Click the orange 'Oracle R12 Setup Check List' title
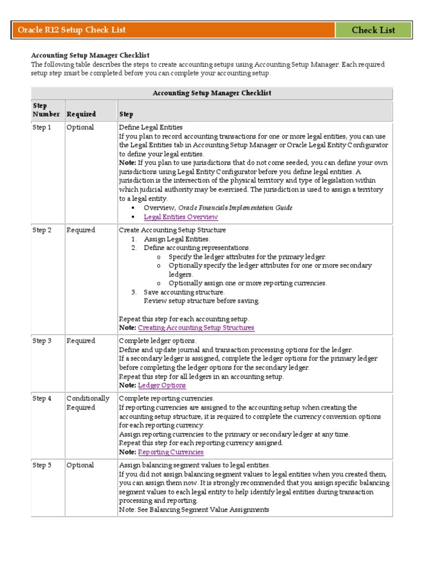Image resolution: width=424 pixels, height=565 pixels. pyautogui.click(x=72, y=30)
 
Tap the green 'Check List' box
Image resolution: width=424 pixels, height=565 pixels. pyautogui.click(x=373, y=30)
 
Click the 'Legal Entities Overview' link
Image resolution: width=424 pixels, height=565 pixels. pyautogui.click(x=181, y=217)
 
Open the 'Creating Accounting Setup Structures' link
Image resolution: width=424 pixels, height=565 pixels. pyautogui.click(x=196, y=328)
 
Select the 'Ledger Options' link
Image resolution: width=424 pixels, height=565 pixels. pyautogui.click(x=162, y=385)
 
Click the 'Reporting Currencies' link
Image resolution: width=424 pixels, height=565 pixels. pyautogui.click(x=171, y=452)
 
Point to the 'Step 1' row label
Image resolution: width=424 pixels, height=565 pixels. pyautogui.click(x=41, y=127)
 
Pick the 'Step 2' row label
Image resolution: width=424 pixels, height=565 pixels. pyautogui.click(x=41, y=230)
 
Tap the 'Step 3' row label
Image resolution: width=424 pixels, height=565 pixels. pyautogui.click(x=41, y=341)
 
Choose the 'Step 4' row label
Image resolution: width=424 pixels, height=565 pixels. pyautogui.click(x=41, y=398)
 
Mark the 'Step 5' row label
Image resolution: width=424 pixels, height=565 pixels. pyautogui.click(x=41, y=465)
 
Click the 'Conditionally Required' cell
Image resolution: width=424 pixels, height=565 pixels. pyautogui.click(x=88, y=403)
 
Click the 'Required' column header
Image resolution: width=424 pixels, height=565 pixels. pyautogui.click(x=81, y=114)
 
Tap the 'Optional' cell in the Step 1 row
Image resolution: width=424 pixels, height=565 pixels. pyautogui.click(x=80, y=127)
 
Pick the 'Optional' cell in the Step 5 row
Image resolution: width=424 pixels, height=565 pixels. pyautogui.click(x=80, y=465)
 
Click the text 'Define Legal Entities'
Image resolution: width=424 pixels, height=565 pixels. pyautogui.click(x=151, y=127)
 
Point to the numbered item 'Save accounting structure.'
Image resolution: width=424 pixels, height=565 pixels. pyautogui.click(x=184, y=292)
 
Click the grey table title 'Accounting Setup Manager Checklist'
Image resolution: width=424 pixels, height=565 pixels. pyautogui.click(x=211, y=93)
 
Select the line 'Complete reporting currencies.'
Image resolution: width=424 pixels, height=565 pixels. pyautogui.click(x=166, y=398)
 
